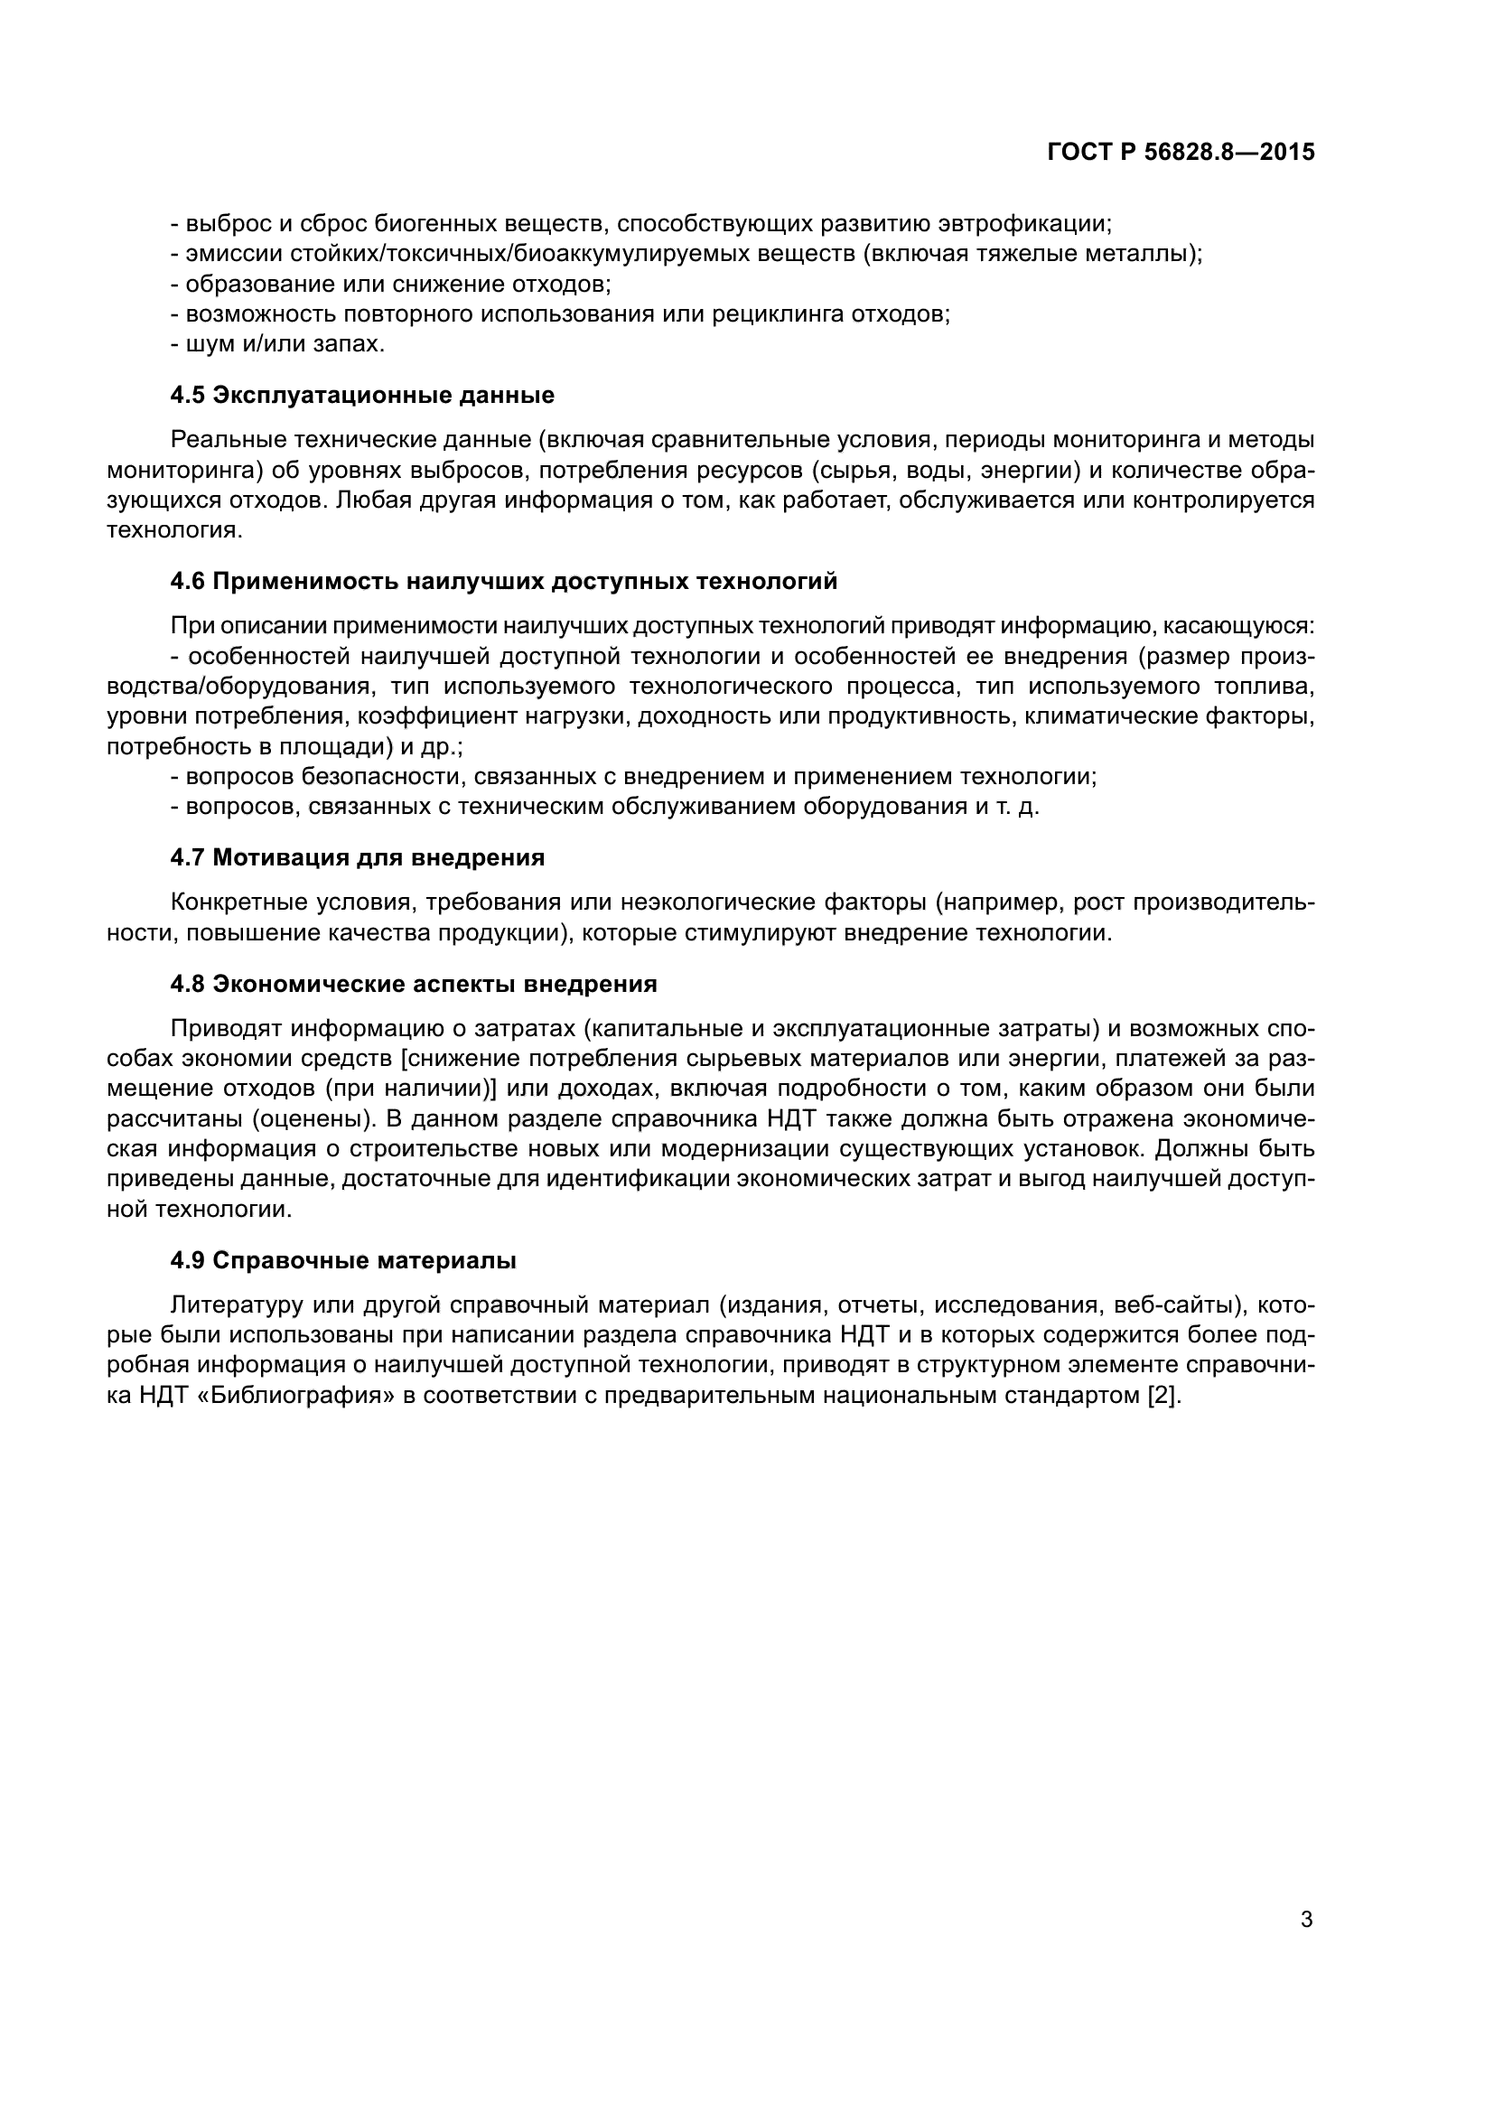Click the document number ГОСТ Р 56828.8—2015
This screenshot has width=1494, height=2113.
point(1181,153)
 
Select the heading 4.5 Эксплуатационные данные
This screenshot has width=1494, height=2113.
point(362,396)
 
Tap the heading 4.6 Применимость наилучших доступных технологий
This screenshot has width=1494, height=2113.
point(504,582)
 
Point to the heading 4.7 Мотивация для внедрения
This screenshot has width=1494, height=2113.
point(358,857)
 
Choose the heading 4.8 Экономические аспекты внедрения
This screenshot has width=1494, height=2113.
point(414,984)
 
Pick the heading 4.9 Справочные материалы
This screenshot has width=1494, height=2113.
point(343,1260)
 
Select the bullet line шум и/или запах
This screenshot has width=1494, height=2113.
point(279,344)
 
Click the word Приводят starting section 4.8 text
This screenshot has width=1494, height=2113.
point(226,1028)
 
